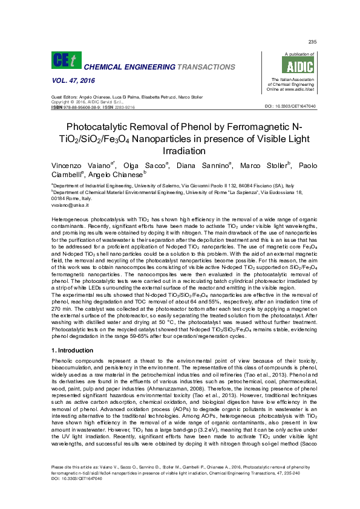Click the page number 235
(312, 42)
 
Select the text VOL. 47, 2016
(70, 80)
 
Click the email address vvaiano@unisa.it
(70, 206)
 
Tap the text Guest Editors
(64, 97)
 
